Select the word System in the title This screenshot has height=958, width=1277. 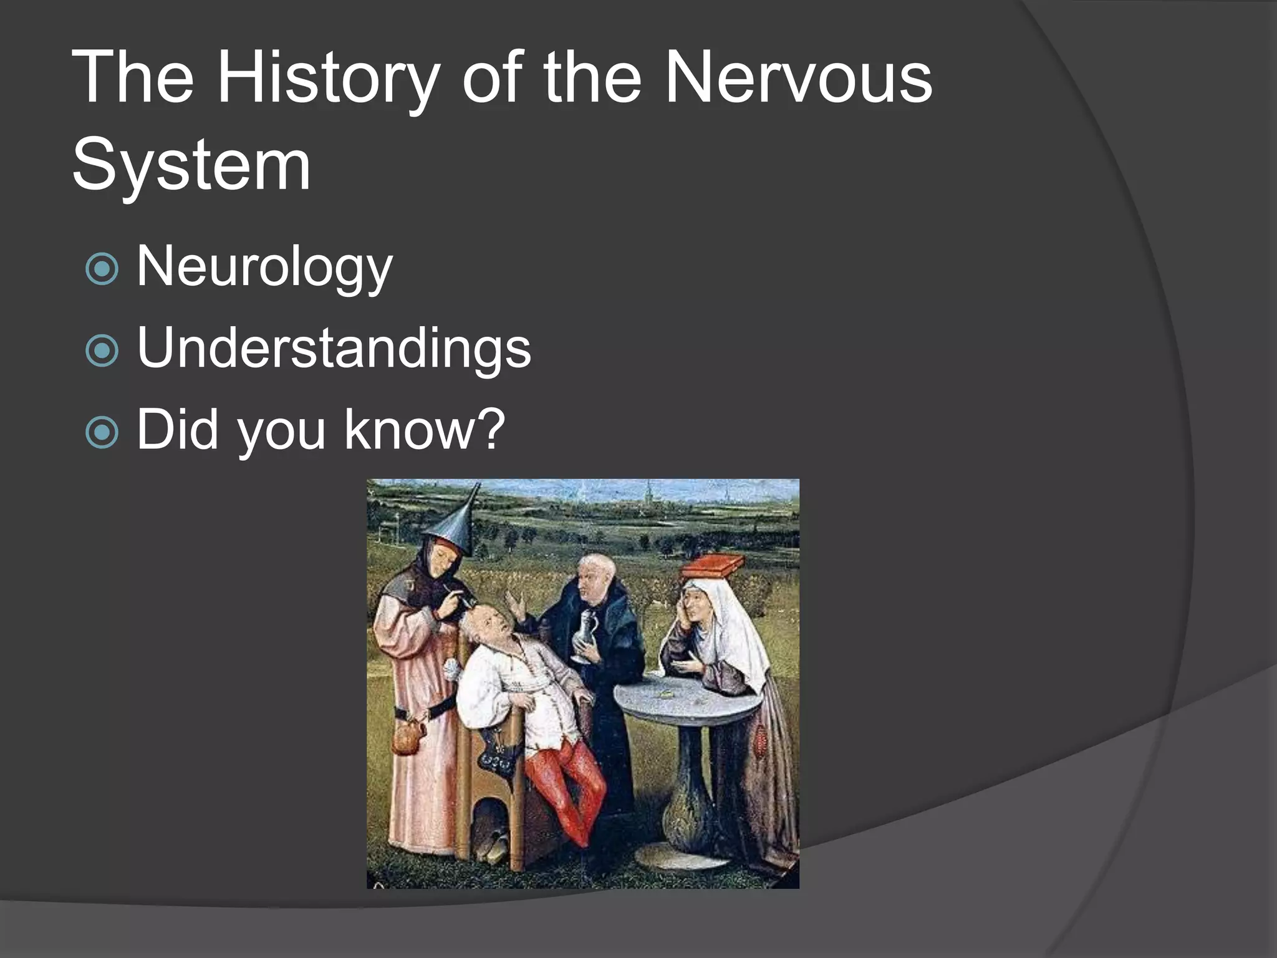tap(191, 166)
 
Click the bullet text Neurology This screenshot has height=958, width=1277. tap(264, 267)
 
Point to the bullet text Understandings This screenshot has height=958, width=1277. tap(334, 349)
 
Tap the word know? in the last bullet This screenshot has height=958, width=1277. tap(424, 430)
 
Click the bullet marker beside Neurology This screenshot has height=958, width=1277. tap(102, 269)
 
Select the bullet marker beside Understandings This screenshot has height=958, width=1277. tap(102, 351)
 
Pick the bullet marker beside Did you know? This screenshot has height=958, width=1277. tap(102, 432)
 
